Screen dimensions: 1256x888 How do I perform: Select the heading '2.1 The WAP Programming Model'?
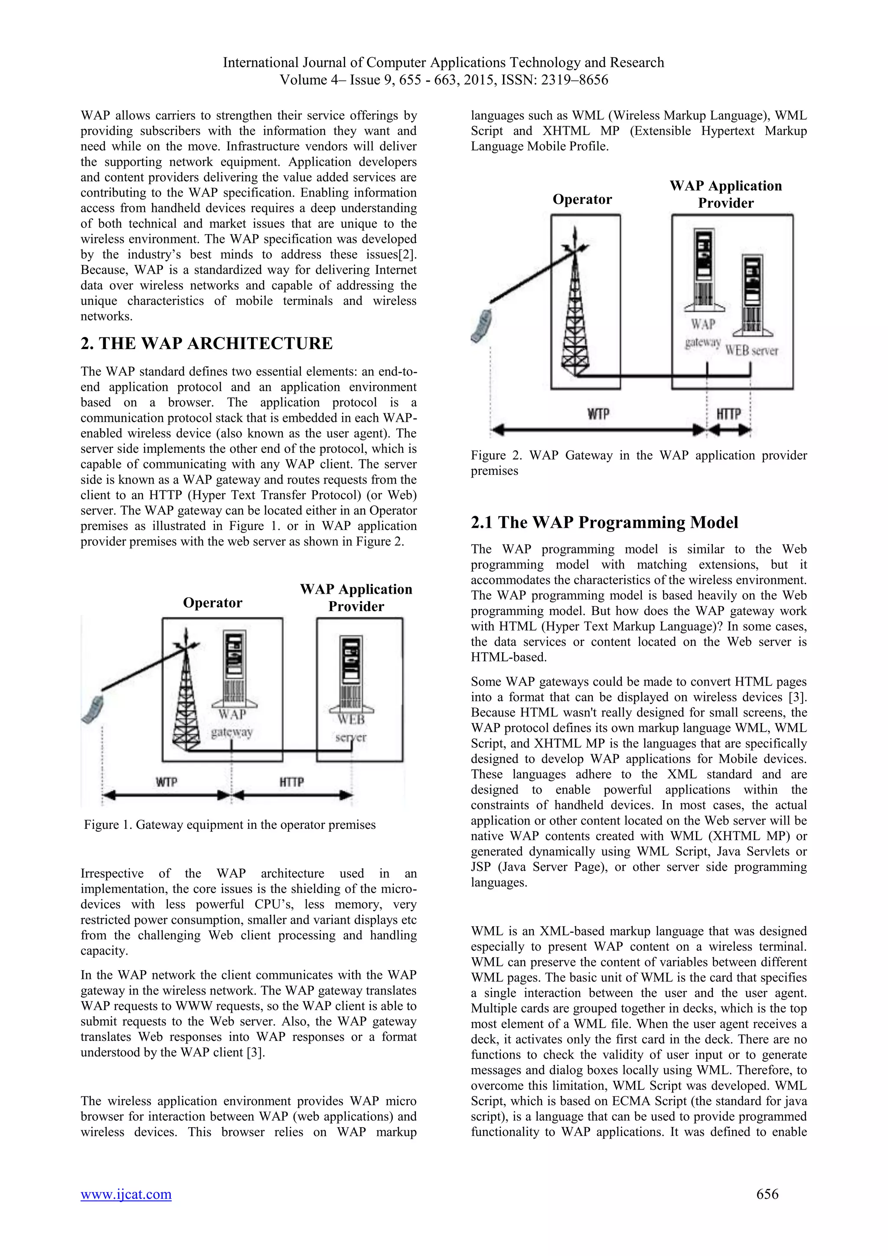point(604,523)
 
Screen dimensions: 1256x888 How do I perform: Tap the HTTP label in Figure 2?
point(728,414)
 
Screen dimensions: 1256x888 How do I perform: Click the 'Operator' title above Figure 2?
point(582,199)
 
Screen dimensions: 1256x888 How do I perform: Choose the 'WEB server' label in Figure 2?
point(751,350)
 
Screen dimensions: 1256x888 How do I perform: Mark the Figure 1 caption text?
point(230,824)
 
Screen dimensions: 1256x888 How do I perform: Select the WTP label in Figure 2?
point(598,414)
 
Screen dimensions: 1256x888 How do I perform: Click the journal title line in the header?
point(444,62)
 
